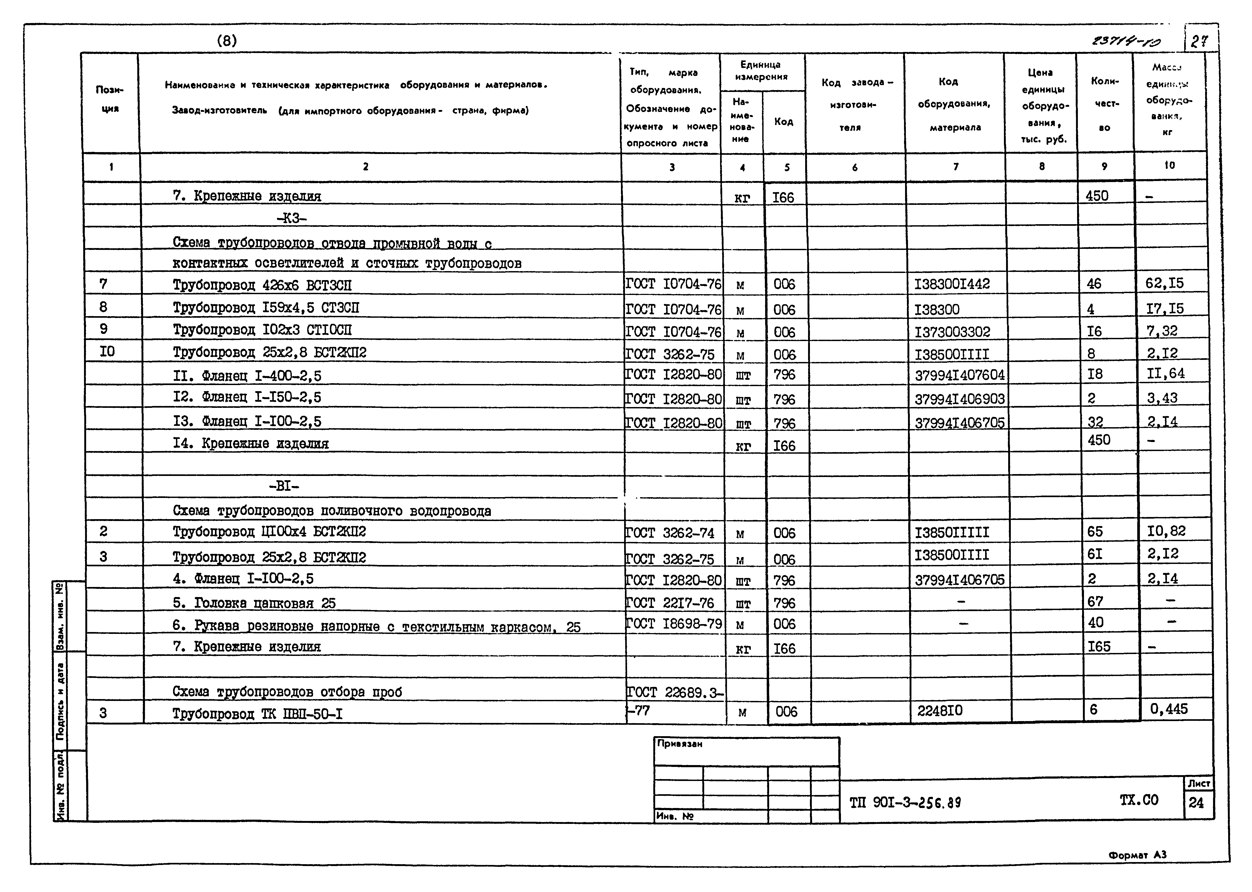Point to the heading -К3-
coord(292,219)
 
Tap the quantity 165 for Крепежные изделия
coord(1099,647)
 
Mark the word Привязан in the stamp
coord(680,744)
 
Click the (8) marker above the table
coord(227,41)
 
